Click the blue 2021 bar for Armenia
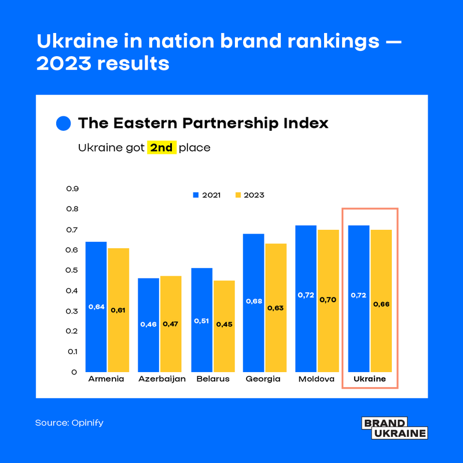pos(96,307)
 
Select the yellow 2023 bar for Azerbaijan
pos(171,324)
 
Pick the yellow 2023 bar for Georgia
pos(275,307)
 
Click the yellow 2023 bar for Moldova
pos(328,300)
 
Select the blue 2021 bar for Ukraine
pos(359,298)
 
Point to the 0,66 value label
pos(381,304)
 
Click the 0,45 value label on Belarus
pos(223,324)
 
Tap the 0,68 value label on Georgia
pos(253,301)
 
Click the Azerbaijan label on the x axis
pos(162,379)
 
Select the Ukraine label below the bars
pos(370,379)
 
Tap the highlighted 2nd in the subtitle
pos(161,148)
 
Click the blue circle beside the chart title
pos(63,123)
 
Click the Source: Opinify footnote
pos(69,423)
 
